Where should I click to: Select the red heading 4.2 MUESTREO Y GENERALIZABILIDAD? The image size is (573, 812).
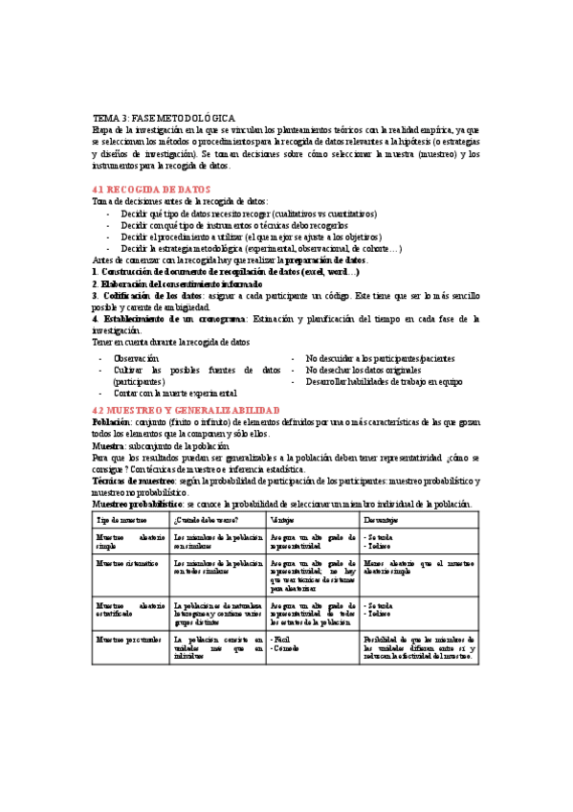coord(186,409)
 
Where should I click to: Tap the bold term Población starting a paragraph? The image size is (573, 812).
coord(112,420)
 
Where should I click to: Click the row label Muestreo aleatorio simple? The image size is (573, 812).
coord(130,541)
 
